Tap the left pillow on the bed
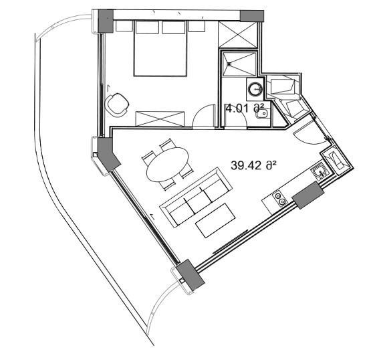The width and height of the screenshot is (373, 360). [147, 27]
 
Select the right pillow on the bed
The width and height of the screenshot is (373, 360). [173, 27]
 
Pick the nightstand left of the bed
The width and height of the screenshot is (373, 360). [124, 26]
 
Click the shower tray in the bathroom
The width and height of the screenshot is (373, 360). [239, 65]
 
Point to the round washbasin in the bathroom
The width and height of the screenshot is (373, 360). [254, 87]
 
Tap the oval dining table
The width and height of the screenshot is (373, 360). [167, 163]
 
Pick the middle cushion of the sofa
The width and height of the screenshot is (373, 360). [195, 197]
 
